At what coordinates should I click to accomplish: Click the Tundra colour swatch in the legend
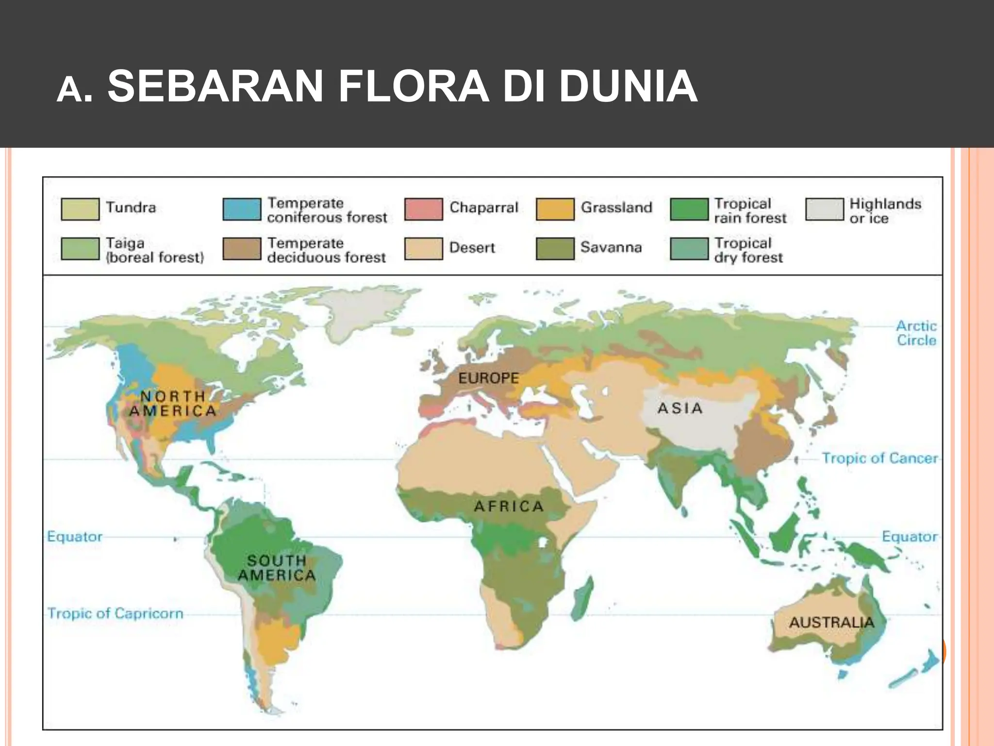(x=80, y=209)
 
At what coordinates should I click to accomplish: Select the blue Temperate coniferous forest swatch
(x=242, y=209)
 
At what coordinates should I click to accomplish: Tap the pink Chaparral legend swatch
(x=423, y=209)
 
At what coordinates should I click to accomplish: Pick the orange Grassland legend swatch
(x=555, y=209)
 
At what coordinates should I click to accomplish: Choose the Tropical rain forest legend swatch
(x=689, y=209)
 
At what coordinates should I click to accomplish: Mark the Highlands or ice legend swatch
(x=824, y=209)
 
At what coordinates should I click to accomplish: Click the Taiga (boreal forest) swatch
(x=80, y=249)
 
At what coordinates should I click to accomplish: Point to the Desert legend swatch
(x=423, y=249)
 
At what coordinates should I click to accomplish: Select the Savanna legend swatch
(x=555, y=249)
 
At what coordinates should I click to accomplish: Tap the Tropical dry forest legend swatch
(x=689, y=249)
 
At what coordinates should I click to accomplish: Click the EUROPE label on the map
(x=488, y=378)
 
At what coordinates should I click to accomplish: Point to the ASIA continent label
(x=680, y=408)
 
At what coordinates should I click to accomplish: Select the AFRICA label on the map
(x=509, y=507)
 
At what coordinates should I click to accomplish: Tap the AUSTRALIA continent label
(x=831, y=622)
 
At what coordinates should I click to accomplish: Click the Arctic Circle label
(x=916, y=333)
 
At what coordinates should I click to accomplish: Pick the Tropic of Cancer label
(x=879, y=458)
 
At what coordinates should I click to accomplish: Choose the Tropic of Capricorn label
(x=116, y=613)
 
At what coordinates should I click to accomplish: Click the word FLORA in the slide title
(x=414, y=86)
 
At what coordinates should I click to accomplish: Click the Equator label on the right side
(x=909, y=537)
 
